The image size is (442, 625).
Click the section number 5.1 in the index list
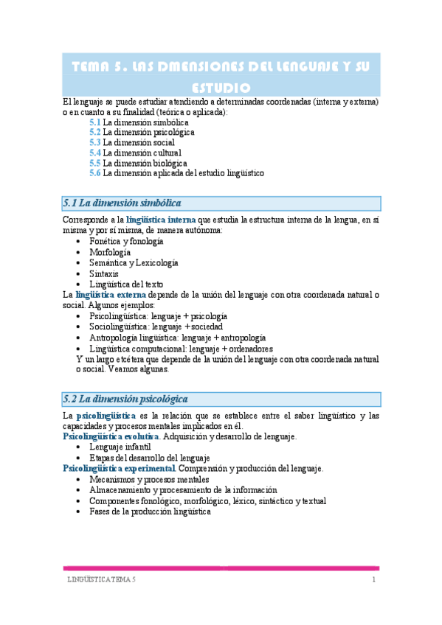click(x=95, y=122)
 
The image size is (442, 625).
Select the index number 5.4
click(x=95, y=153)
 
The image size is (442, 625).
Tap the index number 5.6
click(x=95, y=173)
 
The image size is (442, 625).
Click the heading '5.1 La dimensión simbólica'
click(x=122, y=203)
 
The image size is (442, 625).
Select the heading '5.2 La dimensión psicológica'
click(x=125, y=399)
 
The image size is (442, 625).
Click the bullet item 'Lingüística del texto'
click(x=126, y=284)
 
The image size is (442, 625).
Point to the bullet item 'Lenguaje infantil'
click(x=120, y=447)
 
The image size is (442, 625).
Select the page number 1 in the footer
click(x=374, y=581)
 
